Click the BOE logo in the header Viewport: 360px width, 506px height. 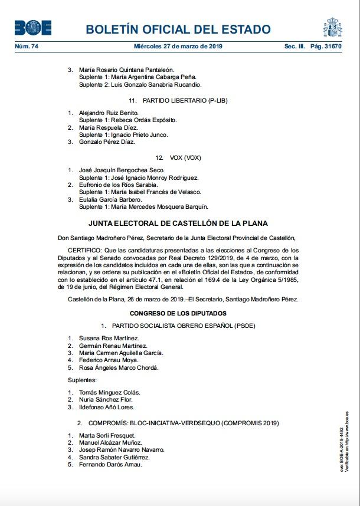point(33,28)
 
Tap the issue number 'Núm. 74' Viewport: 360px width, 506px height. point(26,46)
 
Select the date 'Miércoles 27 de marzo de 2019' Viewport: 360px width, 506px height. point(179,46)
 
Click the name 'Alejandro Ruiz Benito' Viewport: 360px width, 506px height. point(109,112)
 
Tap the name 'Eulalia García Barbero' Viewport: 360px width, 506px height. point(110,199)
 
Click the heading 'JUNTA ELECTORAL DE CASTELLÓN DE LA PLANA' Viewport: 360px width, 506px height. point(178,224)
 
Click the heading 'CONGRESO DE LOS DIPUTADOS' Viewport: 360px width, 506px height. point(178,313)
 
